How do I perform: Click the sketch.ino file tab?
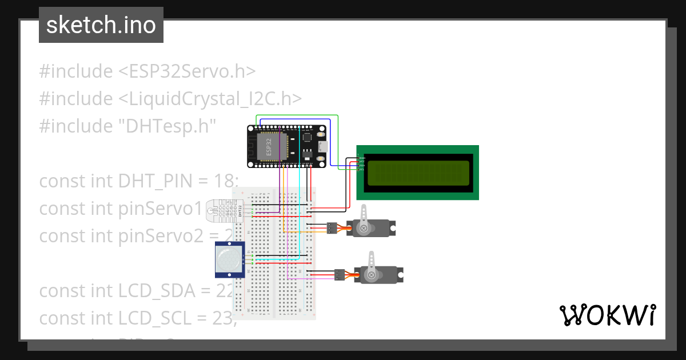101,25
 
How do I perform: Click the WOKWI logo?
607,315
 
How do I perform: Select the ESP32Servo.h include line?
147,71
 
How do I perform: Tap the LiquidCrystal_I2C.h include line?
170,98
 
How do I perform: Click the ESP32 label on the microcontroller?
268,146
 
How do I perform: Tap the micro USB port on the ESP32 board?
324,146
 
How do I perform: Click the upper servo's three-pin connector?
332,229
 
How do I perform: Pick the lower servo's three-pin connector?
340,275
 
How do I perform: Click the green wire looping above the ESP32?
297,116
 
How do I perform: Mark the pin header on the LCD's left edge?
359,163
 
